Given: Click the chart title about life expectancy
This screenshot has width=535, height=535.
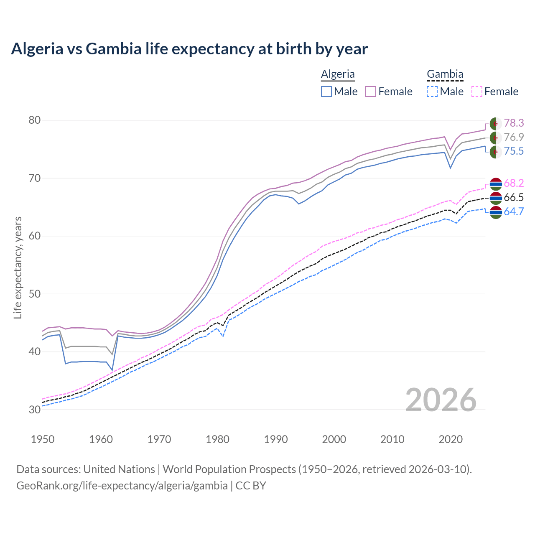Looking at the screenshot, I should tap(189, 49).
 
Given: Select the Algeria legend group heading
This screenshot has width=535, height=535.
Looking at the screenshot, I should tap(338, 74).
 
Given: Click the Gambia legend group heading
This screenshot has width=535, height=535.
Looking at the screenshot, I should tap(445, 74).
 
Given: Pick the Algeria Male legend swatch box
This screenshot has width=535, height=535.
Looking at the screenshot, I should tap(326, 92).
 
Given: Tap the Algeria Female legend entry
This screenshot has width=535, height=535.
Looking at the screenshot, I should tap(389, 92).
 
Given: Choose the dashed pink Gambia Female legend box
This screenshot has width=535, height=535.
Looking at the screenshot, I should tap(477, 92).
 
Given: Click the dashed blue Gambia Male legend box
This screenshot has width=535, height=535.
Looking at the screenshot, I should tap(433, 92).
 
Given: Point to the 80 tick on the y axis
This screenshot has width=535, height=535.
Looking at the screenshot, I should tap(34, 120).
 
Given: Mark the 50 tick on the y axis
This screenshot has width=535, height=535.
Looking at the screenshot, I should tap(34, 294).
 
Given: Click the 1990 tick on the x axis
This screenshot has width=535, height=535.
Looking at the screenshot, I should tap(276, 439).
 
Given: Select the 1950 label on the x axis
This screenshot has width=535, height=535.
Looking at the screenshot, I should tap(43, 439).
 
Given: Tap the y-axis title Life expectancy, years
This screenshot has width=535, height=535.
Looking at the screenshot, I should tap(18, 267).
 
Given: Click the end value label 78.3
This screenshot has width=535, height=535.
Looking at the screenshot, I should tap(514, 123).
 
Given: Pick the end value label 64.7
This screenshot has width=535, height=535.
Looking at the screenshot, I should tap(514, 211).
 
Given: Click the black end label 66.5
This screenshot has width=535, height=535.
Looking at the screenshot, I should tap(514, 198).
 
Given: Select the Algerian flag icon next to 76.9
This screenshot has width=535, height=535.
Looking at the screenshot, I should tap(496, 138).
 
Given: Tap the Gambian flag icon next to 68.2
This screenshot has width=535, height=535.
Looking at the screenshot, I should tap(496, 183).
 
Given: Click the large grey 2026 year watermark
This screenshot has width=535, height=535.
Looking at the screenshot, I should tap(441, 400).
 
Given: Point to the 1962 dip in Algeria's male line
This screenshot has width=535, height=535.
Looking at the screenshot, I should tap(112, 369).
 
